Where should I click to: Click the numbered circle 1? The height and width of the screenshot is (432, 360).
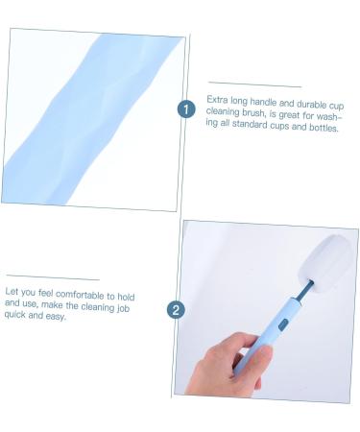pos(186,109)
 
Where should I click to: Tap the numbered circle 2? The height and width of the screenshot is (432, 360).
pos(176,310)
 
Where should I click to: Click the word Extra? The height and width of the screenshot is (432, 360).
pos(217,100)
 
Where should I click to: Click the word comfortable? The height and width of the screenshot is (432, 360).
pos(80,295)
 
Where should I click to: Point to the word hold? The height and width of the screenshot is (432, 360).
pos(126,297)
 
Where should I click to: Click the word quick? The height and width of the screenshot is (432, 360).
pos(14,315)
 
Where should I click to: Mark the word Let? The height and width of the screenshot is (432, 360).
pos(12,292)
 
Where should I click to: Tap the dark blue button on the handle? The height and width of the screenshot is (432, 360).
pos(282,324)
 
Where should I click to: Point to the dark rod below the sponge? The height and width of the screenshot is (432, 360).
pos(304,291)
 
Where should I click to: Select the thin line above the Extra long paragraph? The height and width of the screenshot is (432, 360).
pos(254,84)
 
